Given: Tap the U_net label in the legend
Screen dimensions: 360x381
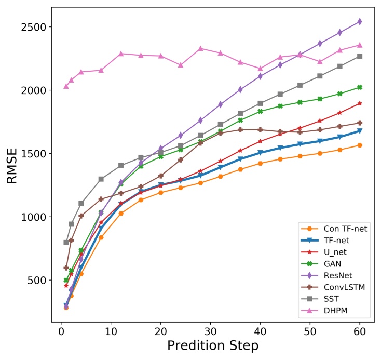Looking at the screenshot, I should (334, 252).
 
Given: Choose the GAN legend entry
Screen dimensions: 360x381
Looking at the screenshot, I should (332, 264).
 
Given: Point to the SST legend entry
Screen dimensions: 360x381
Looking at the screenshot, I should (331, 300).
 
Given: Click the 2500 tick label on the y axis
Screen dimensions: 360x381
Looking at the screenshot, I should (35, 27).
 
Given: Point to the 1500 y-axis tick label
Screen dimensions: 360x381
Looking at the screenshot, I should (35, 154).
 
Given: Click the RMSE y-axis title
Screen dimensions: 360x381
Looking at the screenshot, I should (13, 165).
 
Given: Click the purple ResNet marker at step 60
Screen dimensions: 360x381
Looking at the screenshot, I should (359, 22).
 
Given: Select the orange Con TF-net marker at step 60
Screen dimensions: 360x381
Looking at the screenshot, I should (359, 145).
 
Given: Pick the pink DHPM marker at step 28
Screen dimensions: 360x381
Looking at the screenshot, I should (200, 49).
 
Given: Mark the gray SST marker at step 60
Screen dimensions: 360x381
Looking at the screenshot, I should (359, 56).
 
